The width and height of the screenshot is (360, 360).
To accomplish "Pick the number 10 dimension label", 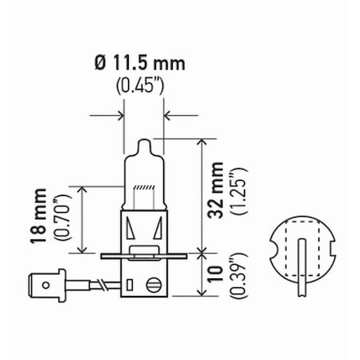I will tap(214, 274).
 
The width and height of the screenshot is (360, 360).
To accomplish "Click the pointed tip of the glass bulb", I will tap(144, 142).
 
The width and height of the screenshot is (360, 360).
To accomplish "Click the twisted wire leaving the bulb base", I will tap(101, 284).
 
